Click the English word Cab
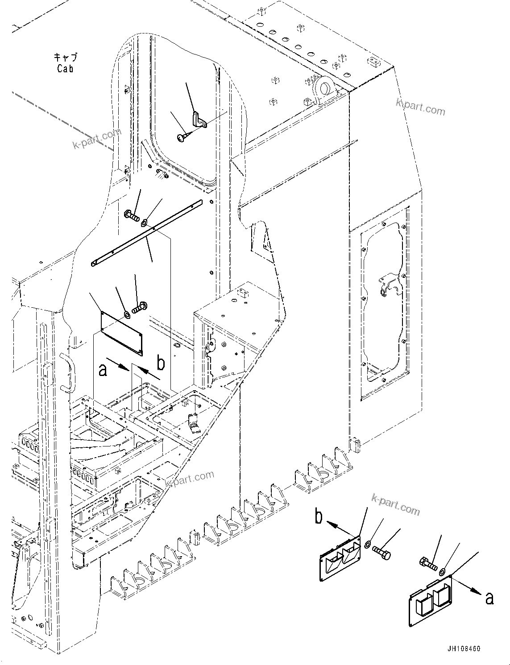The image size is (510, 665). [x=65, y=68]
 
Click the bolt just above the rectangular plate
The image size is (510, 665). [x=139, y=307]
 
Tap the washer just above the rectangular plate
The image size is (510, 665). [x=127, y=315]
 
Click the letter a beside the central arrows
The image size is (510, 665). [x=103, y=370]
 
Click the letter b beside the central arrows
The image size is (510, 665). [x=161, y=363]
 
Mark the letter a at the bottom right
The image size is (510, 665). [x=489, y=598]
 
